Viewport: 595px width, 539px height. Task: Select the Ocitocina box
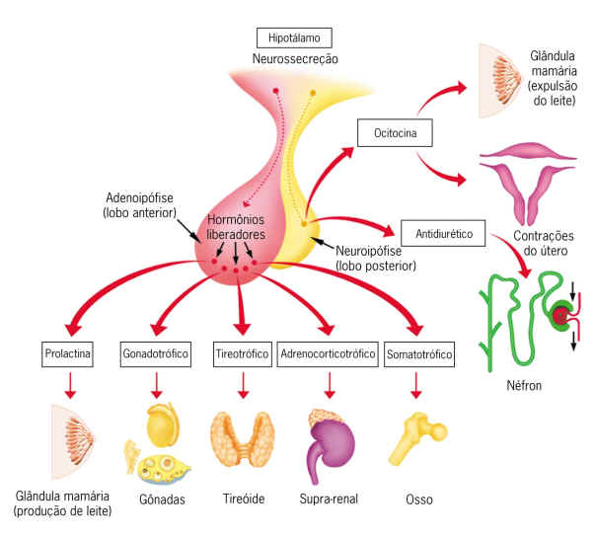pos(394,131)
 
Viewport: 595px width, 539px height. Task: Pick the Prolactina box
pos(68,352)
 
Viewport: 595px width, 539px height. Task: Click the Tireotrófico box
pos(242,352)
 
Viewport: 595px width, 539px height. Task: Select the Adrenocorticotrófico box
pos(328,352)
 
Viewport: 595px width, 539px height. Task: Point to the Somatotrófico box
pos(418,352)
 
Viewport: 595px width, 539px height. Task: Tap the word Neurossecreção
pos(295,60)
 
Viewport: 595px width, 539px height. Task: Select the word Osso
pos(418,500)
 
